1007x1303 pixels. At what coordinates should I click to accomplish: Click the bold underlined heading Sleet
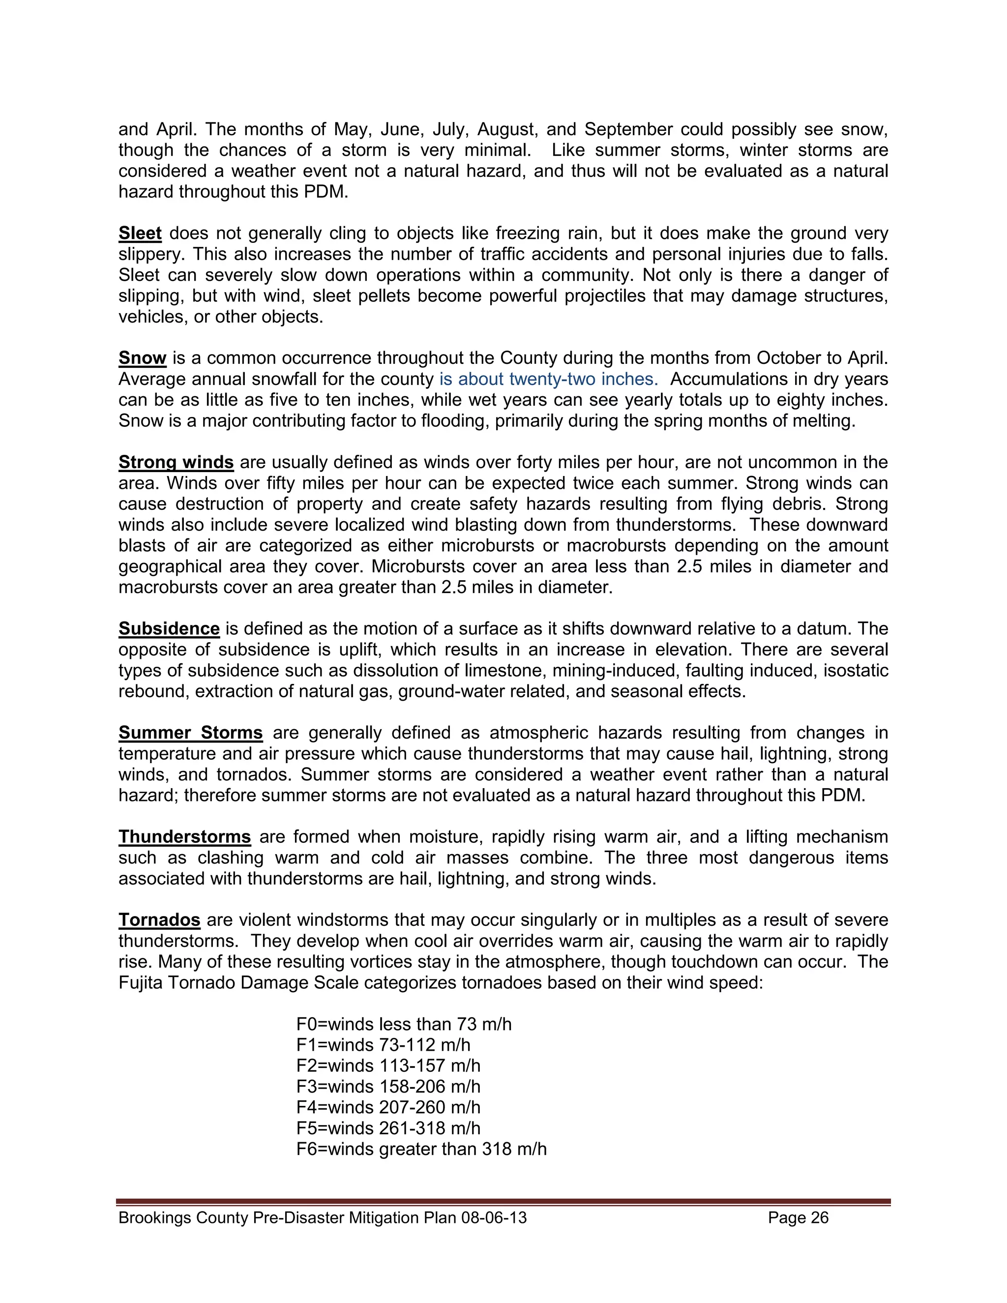click(x=140, y=233)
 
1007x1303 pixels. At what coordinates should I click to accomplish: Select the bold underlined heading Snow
click(x=142, y=358)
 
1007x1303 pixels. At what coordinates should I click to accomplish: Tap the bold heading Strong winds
click(x=176, y=462)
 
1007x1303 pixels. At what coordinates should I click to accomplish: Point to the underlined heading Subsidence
click(x=169, y=629)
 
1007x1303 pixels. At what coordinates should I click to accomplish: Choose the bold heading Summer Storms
click(x=190, y=733)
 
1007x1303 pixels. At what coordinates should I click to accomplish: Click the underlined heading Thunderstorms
click(x=184, y=837)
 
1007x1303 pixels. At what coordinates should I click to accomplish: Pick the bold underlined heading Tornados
click(x=159, y=920)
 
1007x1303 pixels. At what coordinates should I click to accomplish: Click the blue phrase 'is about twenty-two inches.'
click(x=548, y=380)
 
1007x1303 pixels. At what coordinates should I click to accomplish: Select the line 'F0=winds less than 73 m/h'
click(x=404, y=1024)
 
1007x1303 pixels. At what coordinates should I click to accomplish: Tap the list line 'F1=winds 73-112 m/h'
click(x=383, y=1045)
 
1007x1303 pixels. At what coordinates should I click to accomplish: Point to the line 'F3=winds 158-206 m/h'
click(x=388, y=1087)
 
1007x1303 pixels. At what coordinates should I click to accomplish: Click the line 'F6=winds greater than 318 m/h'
click(x=421, y=1149)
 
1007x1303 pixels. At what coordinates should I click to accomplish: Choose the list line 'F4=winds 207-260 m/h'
click(x=388, y=1107)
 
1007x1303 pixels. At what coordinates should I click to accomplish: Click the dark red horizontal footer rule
click(x=503, y=1202)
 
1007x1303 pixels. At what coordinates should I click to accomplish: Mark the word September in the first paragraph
click(x=628, y=129)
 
